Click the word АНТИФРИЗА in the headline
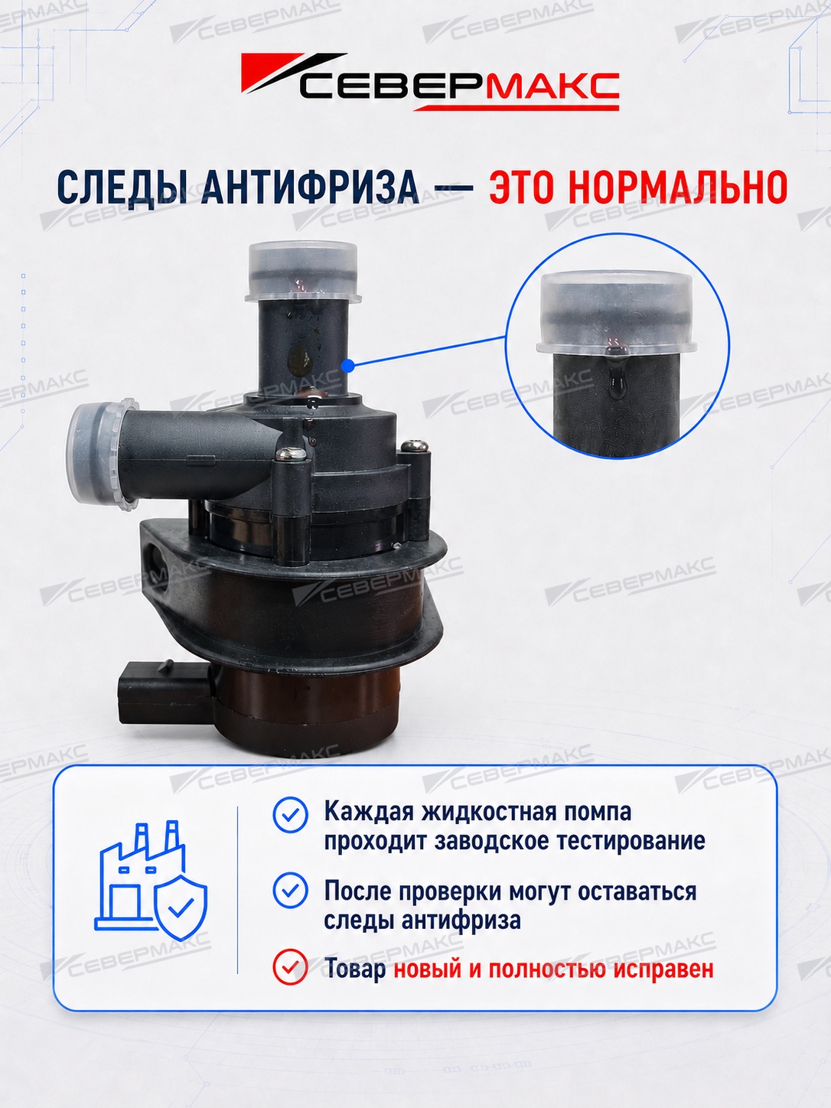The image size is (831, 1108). (310, 187)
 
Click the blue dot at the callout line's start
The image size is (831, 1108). (348, 366)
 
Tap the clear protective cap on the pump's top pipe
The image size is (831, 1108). (303, 272)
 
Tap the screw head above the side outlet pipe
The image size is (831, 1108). (292, 455)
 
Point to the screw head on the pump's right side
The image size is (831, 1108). (415, 445)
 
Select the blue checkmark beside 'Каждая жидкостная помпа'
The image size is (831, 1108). (290, 815)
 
